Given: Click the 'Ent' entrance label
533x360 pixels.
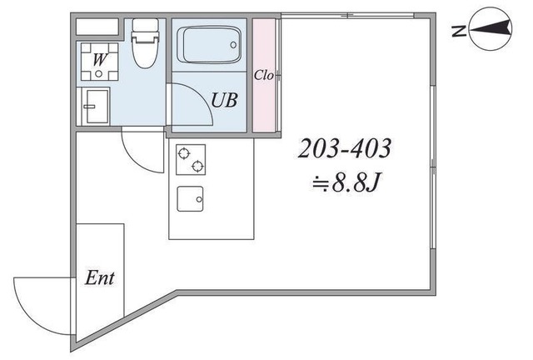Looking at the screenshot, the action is pyautogui.click(x=99, y=278).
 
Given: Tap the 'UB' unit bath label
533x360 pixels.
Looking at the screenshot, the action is pyautogui.click(x=224, y=100).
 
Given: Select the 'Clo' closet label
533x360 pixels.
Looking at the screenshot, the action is pyautogui.click(x=264, y=75).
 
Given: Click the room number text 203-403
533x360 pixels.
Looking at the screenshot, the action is pyautogui.click(x=344, y=148).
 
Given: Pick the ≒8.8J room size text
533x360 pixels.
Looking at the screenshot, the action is pyautogui.click(x=346, y=182).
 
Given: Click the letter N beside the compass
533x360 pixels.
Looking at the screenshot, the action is pyautogui.click(x=459, y=32).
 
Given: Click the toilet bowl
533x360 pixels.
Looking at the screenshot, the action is pyautogui.click(x=145, y=54).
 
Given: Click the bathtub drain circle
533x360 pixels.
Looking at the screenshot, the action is pyautogui.click(x=233, y=44).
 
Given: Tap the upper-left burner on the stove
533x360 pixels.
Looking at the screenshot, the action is pyautogui.click(x=183, y=153).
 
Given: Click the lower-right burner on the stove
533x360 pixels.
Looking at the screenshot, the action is pyautogui.click(x=197, y=167).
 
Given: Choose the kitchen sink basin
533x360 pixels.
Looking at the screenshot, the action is pyautogui.click(x=190, y=198).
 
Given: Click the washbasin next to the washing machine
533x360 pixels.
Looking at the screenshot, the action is pyautogui.click(x=97, y=106).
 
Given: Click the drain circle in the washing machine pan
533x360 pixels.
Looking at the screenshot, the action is pyautogui.click(x=98, y=73).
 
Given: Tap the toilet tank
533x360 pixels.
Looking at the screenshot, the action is pyautogui.click(x=145, y=28).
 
